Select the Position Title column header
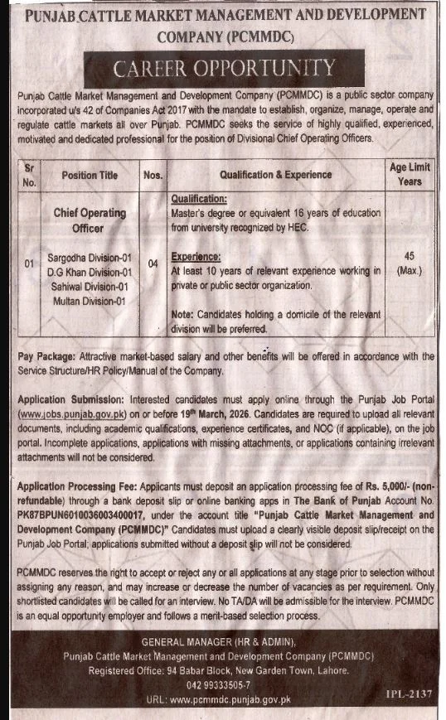pos(90,175)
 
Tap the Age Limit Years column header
pos(409,174)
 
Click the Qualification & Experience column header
pos(276,175)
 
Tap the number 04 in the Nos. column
pos(153,264)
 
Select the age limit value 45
pos(409,257)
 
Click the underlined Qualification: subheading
pos(198,200)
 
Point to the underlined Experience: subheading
pos(196,258)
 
